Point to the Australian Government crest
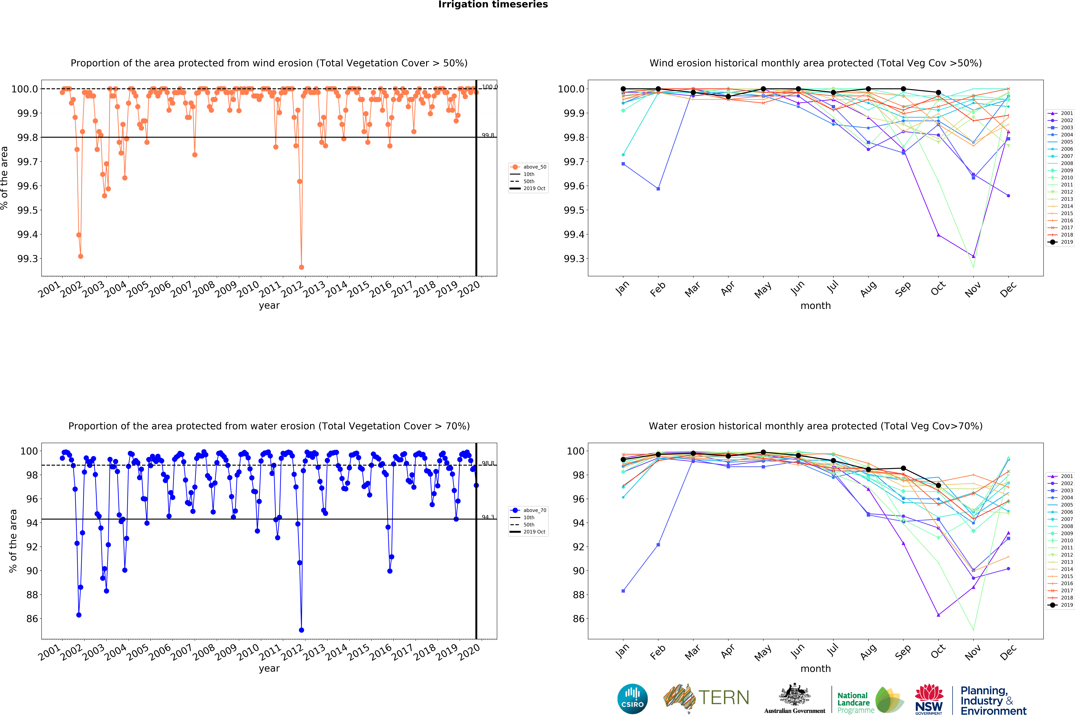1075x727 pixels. click(x=794, y=694)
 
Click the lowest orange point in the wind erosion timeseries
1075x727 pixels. click(x=302, y=267)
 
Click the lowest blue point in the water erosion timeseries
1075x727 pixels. click(x=302, y=630)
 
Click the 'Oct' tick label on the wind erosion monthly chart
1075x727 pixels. click(x=938, y=289)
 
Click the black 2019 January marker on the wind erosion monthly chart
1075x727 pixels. click(x=623, y=89)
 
